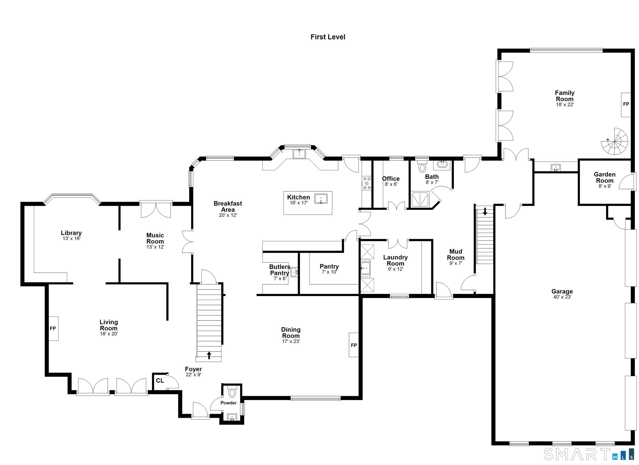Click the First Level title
tap(328, 37)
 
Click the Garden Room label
tap(605, 177)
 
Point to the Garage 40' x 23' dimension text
tap(562, 297)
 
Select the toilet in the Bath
tap(422, 167)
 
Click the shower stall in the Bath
tap(420, 199)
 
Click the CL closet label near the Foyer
tap(160, 381)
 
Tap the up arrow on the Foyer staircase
tap(209, 355)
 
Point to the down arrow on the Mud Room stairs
tap(485, 211)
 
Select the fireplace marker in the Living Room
tap(53, 328)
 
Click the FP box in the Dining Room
tap(354, 345)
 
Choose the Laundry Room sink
tap(365, 268)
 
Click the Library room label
tap(71, 233)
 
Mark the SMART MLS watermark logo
tap(589, 454)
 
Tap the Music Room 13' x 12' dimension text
tap(155, 247)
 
